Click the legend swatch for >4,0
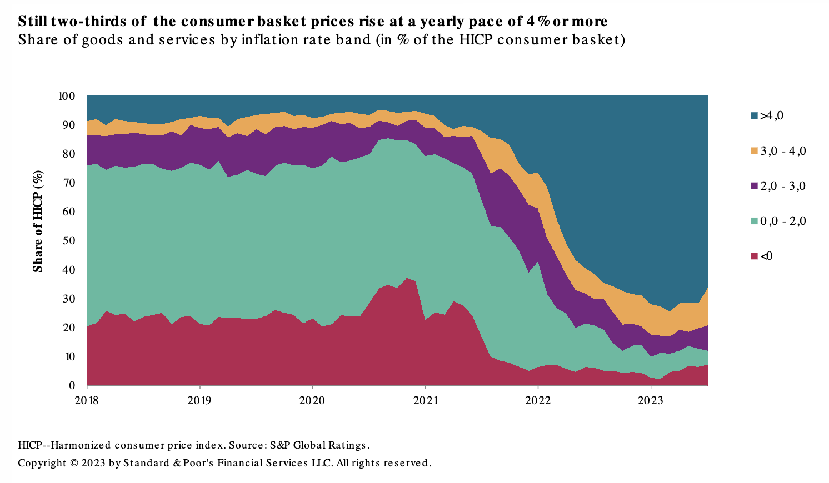(x=754, y=116)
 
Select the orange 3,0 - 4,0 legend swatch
(x=754, y=151)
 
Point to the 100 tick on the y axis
(x=67, y=96)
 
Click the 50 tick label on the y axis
(x=69, y=241)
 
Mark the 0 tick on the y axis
(x=72, y=385)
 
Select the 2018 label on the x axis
(x=86, y=400)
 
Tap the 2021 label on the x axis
(x=425, y=400)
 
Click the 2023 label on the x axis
(x=651, y=400)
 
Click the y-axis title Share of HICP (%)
(x=38, y=221)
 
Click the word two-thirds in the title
(x=85, y=22)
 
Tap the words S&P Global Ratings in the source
(x=319, y=445)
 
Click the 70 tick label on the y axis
(x=69, y=183)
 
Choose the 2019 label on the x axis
(x=199, y=400)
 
